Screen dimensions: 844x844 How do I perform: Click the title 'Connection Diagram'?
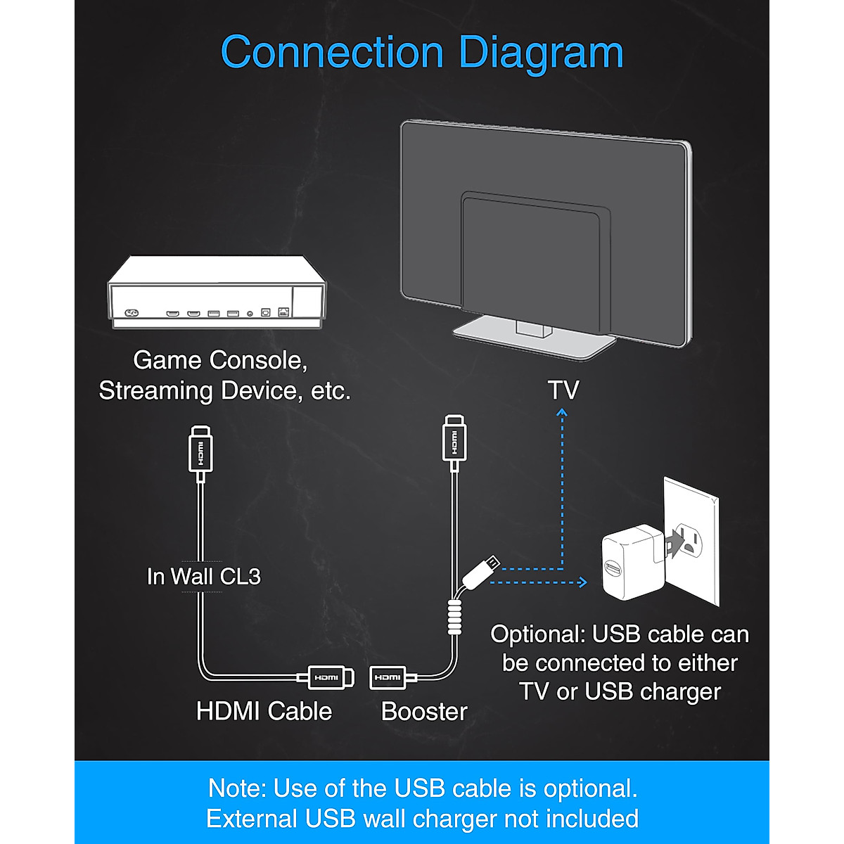point(422,53)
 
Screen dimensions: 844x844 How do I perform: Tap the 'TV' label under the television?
point(563,390)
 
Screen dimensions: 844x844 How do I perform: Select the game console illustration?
point(217,292)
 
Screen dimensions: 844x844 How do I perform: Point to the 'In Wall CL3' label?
point(203,577)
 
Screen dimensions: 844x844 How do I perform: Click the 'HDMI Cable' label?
point(264,711)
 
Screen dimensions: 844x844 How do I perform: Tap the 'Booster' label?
point(424,712)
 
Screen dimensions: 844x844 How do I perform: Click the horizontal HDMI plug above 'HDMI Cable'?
point(326,677)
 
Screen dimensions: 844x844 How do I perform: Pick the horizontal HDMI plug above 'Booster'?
point(389,677)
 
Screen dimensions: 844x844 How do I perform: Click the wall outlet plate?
point(693,542)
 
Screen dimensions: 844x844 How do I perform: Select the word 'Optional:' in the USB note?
point(537,634)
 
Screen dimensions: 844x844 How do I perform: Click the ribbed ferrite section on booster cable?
point(455,617)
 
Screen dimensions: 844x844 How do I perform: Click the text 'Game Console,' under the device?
point(220,360)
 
